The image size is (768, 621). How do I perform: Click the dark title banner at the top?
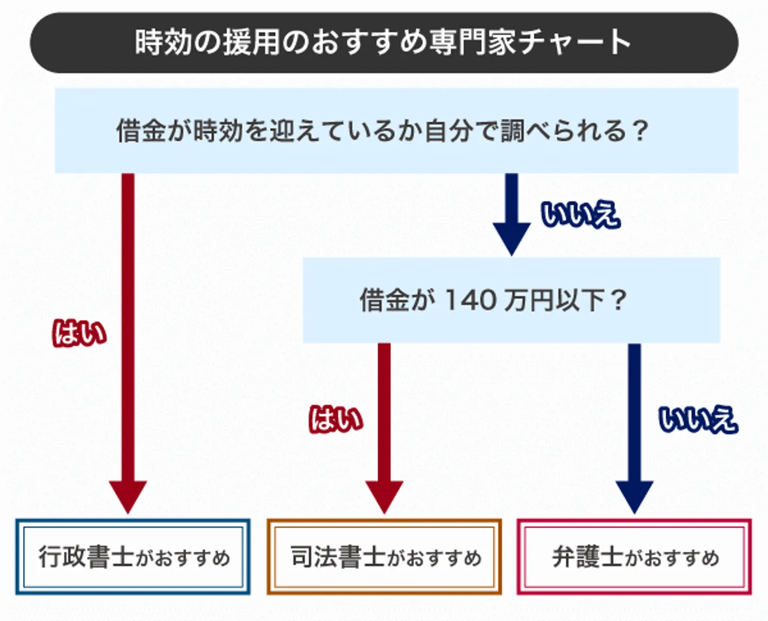tap(384, 43)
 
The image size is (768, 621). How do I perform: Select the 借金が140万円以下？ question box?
tap(511, 300)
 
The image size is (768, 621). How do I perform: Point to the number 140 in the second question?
tap(469, 300)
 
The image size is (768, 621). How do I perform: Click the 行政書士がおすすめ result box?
tap(133, 557)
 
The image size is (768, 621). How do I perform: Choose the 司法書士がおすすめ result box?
tap(384, 557)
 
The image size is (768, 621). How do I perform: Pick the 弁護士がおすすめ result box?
tap(634, 557)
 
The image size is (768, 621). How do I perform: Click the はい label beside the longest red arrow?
tap(79, 333)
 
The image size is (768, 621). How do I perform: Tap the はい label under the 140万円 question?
tap(336, 419)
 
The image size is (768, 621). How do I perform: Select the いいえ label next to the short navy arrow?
tap(580, 215)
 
